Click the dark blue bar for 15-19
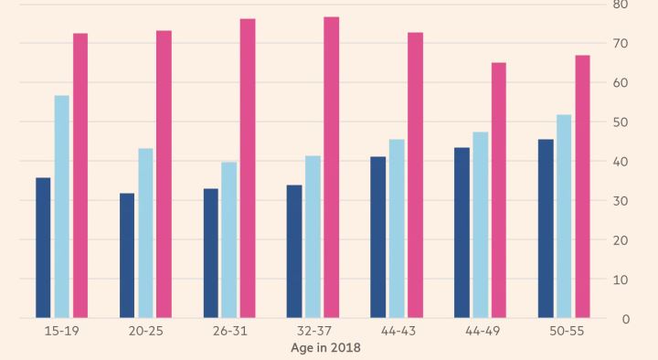(43, 248)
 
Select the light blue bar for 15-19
(62, 206)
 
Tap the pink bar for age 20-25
(164, 175)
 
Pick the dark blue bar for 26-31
(211, 253)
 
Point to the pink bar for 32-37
(332, 167)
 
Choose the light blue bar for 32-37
(313, 237)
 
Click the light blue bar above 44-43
(397, 228)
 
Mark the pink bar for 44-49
(499, 190)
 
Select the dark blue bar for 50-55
(546, 228)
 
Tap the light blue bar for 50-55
(564, 216)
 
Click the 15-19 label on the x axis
(62, 331)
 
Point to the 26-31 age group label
(230, 331)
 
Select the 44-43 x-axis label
(398, 331)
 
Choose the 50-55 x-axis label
(567, 331)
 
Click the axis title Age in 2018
(325, 348)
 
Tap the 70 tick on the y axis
(621, 44)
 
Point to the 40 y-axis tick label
(621, 162)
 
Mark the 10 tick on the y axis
(621, 280)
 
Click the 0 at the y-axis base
(626, 319)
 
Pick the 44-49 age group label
(483, 331)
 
